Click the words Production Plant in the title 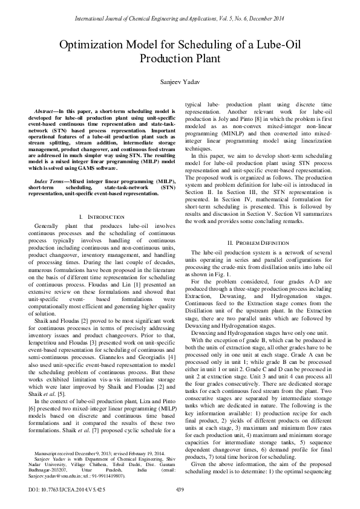(180, 59)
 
